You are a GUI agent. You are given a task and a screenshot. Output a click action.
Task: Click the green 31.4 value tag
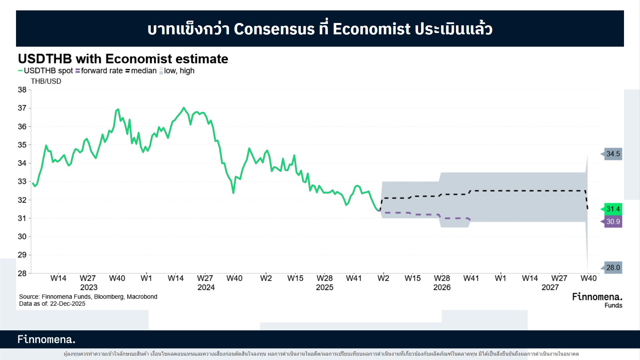click(x=613, y=209)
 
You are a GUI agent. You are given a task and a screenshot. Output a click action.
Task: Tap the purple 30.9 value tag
click(x=613, y=222)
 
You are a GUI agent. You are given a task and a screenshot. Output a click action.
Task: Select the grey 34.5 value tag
click(x=613, y=154)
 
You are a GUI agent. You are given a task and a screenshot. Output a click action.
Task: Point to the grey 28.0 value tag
click(x=613, y=268)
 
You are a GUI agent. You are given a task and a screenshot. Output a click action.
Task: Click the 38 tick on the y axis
click(x=22, y=90)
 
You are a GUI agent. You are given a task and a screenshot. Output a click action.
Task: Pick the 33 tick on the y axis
click(x=22, y=182)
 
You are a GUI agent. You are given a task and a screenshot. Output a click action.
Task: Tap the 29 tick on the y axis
click(x=22, y=255)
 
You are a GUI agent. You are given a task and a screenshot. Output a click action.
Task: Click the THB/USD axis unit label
click(x=46, y=81)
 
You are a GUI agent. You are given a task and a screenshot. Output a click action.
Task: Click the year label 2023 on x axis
click(x=89, y=287)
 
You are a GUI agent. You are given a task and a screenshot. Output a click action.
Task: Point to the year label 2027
click(x=550, y=287)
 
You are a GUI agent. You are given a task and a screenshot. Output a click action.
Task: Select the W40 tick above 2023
click(x=117, y=278)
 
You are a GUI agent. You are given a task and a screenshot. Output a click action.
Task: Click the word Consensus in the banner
click(x=274, y=29)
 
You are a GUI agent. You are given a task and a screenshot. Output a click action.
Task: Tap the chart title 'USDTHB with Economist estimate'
click(x=123, y=59)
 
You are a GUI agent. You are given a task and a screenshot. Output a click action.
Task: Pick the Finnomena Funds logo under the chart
click(x=597, y=300)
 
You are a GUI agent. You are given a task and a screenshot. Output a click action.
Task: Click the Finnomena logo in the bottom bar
click(x=46, y=339)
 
